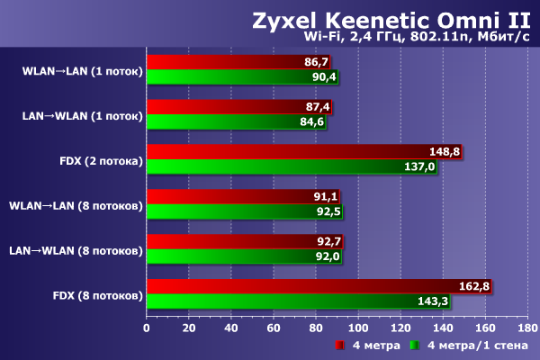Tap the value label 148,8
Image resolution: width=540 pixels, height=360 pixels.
[445, 152]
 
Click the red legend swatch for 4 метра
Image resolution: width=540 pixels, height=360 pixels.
[340, 346]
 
